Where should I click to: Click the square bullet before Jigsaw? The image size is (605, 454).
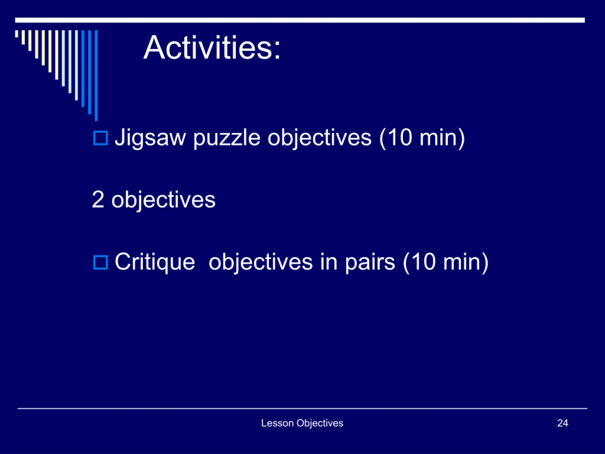coord(100,138)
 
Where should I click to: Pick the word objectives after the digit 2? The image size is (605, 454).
coord(163,200)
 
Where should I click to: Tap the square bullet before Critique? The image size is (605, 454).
coord(100,262)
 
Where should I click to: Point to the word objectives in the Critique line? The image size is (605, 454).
coord(261,263)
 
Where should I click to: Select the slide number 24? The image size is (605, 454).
coord(563,423)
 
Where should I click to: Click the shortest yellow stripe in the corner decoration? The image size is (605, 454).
coord(17,34)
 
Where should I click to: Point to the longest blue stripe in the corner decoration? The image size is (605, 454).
coord(96,75)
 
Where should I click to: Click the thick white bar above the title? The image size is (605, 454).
coord(300,20)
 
